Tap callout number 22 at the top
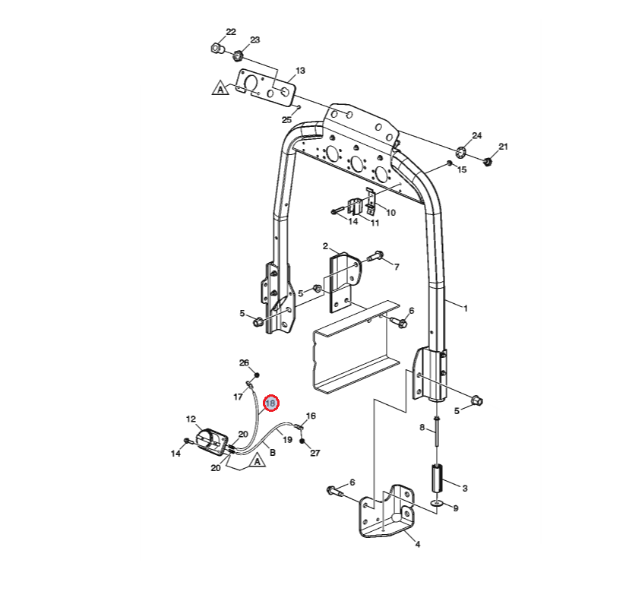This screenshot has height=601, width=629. (231, 32)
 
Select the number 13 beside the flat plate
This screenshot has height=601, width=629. (300, 71)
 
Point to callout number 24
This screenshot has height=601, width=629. (477, 136)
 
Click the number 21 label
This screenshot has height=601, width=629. (503, 146)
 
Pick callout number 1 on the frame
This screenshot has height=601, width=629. (466, 308)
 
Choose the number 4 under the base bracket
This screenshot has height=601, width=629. (417, 544)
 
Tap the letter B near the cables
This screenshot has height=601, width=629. (272, 453)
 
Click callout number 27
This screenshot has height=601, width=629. (315, 453)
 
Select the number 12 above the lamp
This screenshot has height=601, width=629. (191, 419)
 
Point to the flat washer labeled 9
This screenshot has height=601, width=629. (437, 503)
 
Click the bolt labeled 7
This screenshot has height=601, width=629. (376, 258)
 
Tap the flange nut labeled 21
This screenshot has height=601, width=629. (488, 160)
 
